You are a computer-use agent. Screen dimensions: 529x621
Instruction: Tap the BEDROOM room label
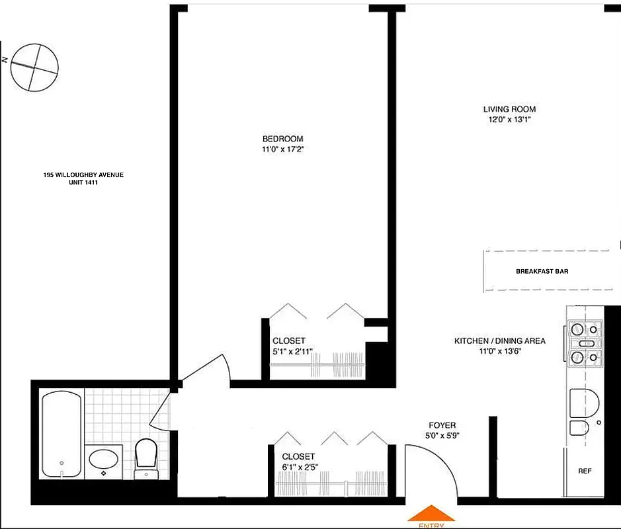click(x=282, y=139)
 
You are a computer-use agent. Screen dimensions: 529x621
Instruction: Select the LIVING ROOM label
click(x=509, y=109)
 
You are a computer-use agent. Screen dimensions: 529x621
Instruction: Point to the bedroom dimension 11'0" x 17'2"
click(x=282, y=149)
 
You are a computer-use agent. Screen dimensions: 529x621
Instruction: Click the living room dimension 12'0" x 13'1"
click(x=509, y=120)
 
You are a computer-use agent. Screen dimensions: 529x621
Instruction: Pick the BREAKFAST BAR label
click(x=542, y=271)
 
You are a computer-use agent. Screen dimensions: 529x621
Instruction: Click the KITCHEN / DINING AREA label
click(x=499, y=341)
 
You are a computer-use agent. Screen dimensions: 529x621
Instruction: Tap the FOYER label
click(x=442, y=425)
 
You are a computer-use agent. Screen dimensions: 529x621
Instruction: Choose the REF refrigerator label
click(x=585, y=471)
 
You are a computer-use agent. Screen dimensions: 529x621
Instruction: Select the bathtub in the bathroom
click(x=61, y=434)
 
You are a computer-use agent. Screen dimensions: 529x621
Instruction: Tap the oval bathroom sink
click(x=104, y=458)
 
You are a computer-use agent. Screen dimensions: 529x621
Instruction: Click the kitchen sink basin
click(x=583, y=402)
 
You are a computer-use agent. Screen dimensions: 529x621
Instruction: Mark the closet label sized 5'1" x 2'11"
click(x=289, y=341)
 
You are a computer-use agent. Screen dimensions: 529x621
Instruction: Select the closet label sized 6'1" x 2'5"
click(x=299, y=456)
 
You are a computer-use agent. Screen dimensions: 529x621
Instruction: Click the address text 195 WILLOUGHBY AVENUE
click(x=83, y=175)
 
